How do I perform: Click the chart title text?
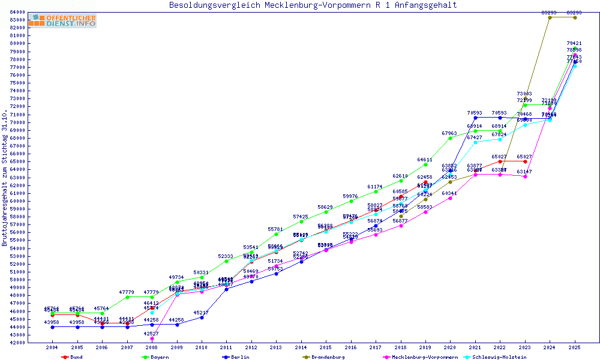313,5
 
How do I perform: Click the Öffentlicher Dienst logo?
62,21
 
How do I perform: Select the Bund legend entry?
72,357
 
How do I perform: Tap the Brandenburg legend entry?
324,357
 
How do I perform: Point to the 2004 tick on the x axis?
52,347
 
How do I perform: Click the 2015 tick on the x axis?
326,347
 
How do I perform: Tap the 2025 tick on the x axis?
575,347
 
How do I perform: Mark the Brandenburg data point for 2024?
550,17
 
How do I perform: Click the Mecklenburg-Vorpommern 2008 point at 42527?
152,338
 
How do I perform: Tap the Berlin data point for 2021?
475,118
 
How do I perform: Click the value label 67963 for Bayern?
450,133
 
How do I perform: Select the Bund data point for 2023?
525,161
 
